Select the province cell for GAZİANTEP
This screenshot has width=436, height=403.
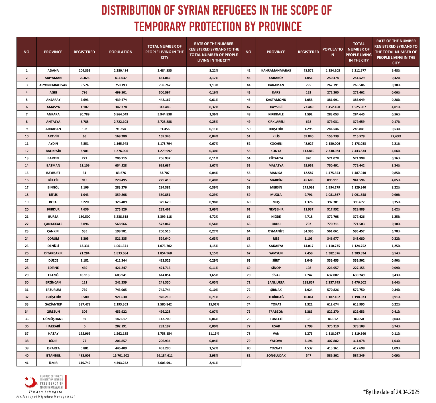(53, 304)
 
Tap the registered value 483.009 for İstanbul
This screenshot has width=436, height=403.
(84, 355)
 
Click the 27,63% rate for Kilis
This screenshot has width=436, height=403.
(396, 136)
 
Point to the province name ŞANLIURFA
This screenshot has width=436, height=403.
(276, 282)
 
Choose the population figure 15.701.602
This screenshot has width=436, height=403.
(121, 355)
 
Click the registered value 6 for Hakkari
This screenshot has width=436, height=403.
(84, 326)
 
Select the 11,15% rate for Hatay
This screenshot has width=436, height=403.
(214, 333)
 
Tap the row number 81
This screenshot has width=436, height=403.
(248, 355)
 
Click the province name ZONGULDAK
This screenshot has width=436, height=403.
(276, 355)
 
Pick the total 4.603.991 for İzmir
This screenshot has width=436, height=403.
(165, 363)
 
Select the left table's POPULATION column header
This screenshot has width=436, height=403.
(121, 52)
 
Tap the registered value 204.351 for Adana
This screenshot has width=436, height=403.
(84, 70)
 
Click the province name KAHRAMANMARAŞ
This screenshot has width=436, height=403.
(276, 70)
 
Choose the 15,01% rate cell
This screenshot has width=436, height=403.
(214, 304)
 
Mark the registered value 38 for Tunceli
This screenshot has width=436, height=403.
(308, 319)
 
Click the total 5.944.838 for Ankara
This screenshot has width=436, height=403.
(165, 114)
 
